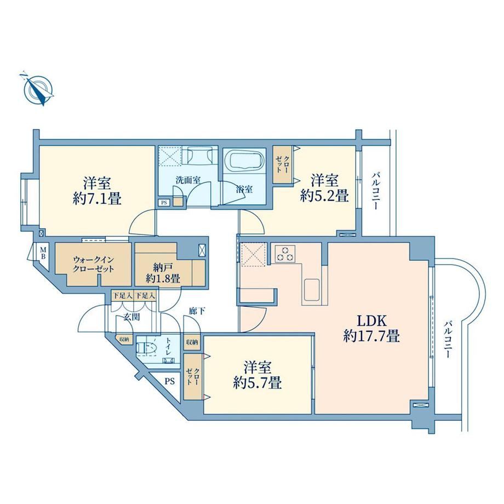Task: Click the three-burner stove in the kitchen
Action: [285, 254]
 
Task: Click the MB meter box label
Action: [43, 253]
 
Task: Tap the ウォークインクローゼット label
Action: [94, 264]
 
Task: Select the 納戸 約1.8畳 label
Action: [163, 273]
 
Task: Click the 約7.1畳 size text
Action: [97, 199]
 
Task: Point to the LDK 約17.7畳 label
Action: [371, 329]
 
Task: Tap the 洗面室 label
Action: [188, 180]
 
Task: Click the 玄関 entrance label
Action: [132, 317]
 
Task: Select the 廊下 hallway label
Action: [197, 311]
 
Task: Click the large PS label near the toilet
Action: [170, 381]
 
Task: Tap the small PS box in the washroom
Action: [164, 203]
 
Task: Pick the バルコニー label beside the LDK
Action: [448, 340]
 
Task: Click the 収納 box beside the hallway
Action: [192, 342]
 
